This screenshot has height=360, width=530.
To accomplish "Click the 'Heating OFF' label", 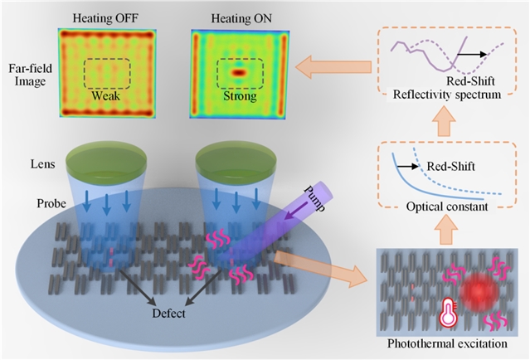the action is coord(105,18).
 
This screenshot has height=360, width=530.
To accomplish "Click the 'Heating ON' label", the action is coord(241,18).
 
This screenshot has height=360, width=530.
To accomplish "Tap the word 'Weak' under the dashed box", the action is coord(106,95).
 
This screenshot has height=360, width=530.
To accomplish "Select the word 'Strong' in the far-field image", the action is coord(240,96).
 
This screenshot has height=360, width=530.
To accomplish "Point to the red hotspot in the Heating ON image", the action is coord(239,72).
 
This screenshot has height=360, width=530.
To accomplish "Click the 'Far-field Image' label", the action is coord(30,75).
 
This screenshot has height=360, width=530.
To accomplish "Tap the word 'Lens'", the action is coord(43,164).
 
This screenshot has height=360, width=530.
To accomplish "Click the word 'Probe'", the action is coord(51,203).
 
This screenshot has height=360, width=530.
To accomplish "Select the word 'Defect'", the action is coord(168,314).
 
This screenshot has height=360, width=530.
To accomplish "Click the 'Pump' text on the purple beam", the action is coord(314,198).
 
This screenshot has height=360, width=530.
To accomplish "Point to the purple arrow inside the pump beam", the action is coord(296,211).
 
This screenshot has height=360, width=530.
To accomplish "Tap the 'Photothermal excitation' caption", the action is coord(447,343).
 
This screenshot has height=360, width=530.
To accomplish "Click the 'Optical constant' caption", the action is coord(447,207).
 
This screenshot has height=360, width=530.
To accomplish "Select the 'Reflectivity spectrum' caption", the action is coord(447,95).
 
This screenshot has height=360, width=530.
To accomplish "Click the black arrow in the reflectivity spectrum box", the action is coord(472,54).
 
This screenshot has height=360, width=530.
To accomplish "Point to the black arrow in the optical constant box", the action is coord(407,166).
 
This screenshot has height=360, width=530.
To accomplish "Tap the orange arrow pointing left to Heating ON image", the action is coord(333,67).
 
